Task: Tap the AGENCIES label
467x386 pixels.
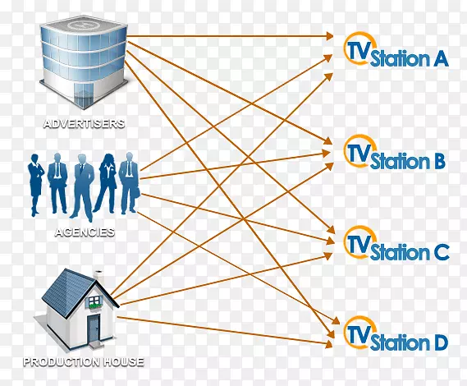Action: coord(85,232)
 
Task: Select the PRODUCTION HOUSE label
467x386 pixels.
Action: coord(84,361)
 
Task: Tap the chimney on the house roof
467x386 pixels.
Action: coord(98,272)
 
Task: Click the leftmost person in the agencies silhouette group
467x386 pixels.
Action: coord(37,182)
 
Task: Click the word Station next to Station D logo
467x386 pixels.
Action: coord(399,342)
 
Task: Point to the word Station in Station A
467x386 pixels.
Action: coord(399,59)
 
